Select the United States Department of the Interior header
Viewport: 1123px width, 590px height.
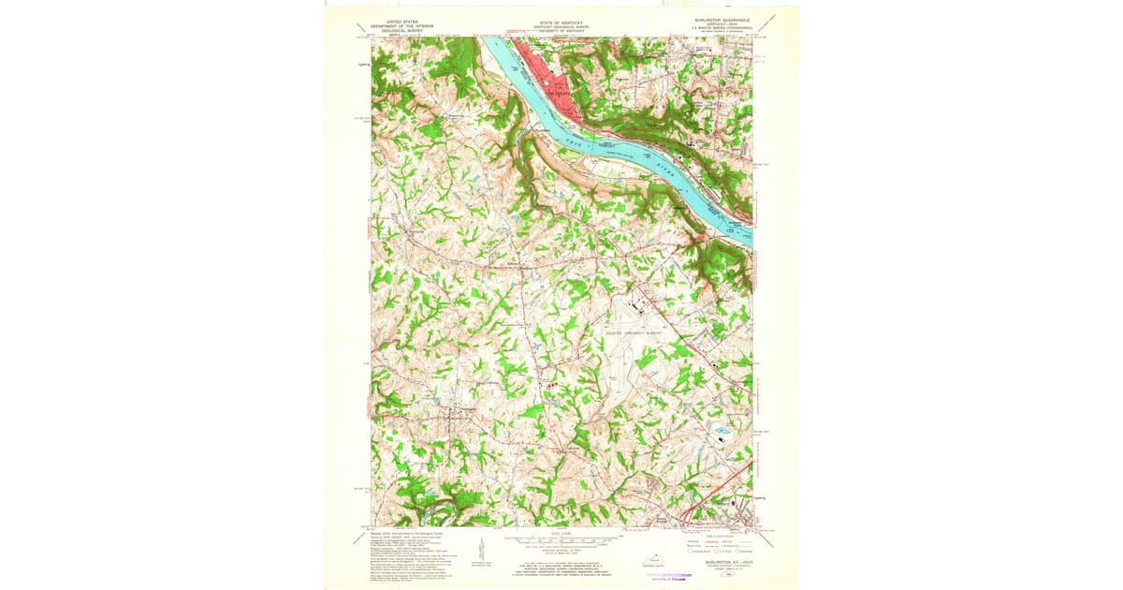(x=402, y=25)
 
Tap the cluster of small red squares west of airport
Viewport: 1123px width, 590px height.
(x=551, y=385)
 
